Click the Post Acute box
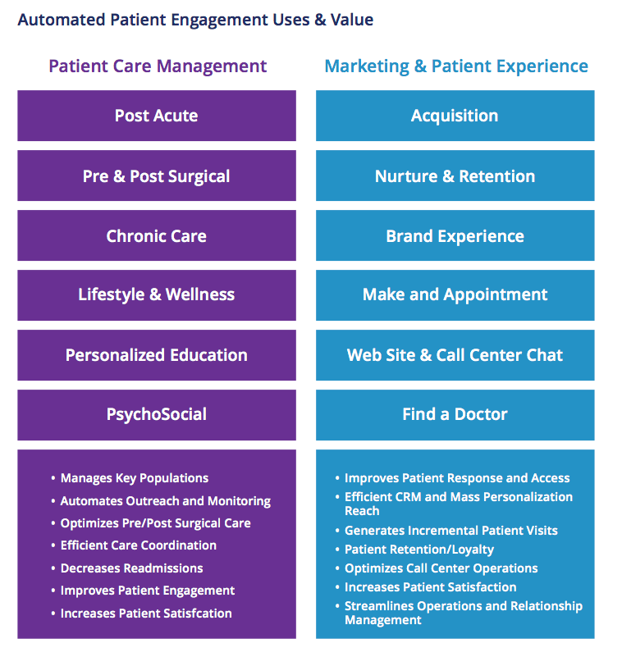[x=156, y=116]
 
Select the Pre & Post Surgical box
[x=156, y=176]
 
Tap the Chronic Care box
[x=156, y=235]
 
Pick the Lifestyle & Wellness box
[x=156, y=294]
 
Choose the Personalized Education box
[x=156, y=355]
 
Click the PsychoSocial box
[x=156, y=414]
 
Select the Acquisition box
[x=455, y=116]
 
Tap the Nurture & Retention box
[x=455, y=176]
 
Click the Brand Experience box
[x=455, y=235]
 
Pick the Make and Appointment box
[x=455, y=294]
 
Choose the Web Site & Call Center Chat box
[x=455, y=355]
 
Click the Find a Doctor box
[x=455, y=414]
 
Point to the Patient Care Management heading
[x=158, y=66]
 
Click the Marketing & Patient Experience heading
[x=456, y=66]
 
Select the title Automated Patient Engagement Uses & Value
[x=195, y=19]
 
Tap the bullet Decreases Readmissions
[x=131, y=568]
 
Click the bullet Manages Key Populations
[x=135, y=478]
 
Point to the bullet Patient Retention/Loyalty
[x=419, y=550]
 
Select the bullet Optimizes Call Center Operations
[x=441, y=568]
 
